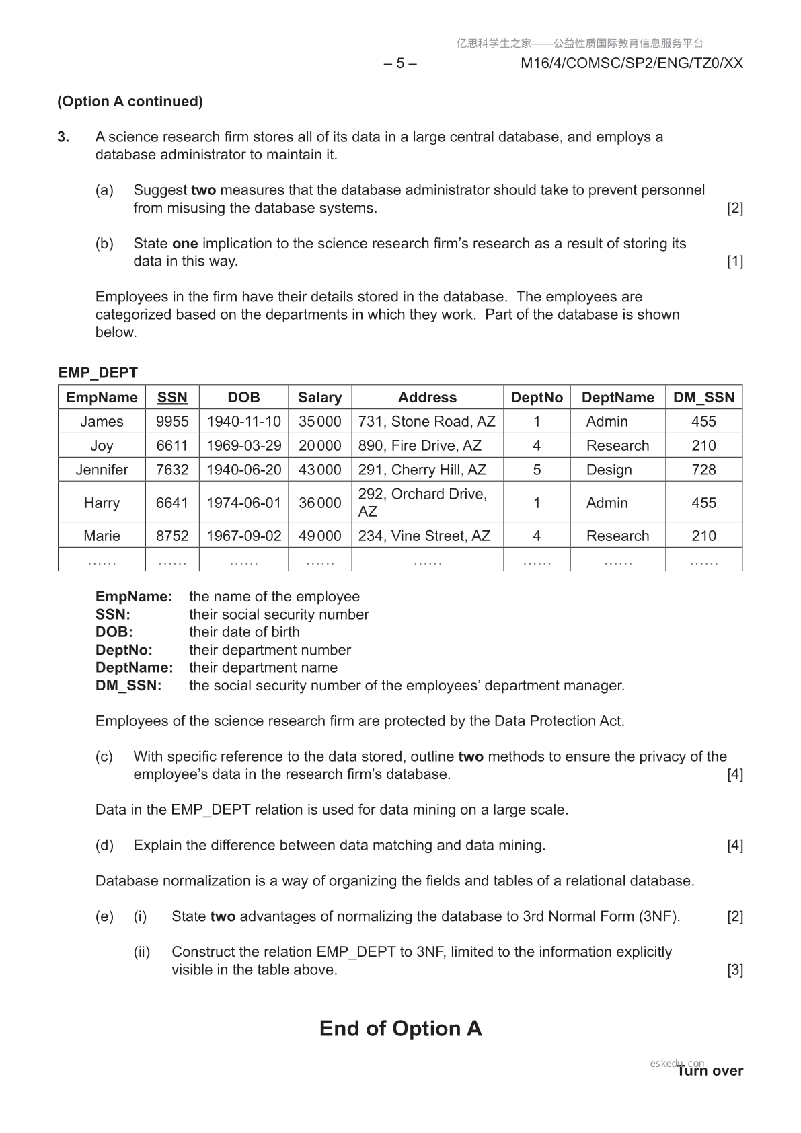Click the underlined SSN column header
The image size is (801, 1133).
click(172, 398)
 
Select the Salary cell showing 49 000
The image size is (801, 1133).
click(319, 536)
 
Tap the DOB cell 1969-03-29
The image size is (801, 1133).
click(243, 445)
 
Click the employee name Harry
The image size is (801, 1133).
click(102, 503)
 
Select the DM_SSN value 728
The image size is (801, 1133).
click(703, 470)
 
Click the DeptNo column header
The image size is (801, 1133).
click(536, 398)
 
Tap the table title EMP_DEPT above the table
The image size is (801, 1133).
click(98, 373)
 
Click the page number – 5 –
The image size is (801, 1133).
click(400, 63)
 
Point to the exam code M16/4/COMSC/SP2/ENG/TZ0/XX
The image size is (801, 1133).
click(632, 63)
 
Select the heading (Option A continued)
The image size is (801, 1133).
click(130, 102)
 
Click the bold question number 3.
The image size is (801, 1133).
click(63, 137)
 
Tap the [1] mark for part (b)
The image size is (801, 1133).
click(734, 261)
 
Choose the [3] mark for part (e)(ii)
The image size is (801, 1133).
click(734, 970)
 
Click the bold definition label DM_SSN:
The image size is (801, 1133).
click(128, 686)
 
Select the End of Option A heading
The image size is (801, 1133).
click(400, 1029)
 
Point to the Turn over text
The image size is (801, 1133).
click(710, 1071)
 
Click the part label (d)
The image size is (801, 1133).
click(104, 845)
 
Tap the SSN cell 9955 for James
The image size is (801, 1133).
click(172, 422)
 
